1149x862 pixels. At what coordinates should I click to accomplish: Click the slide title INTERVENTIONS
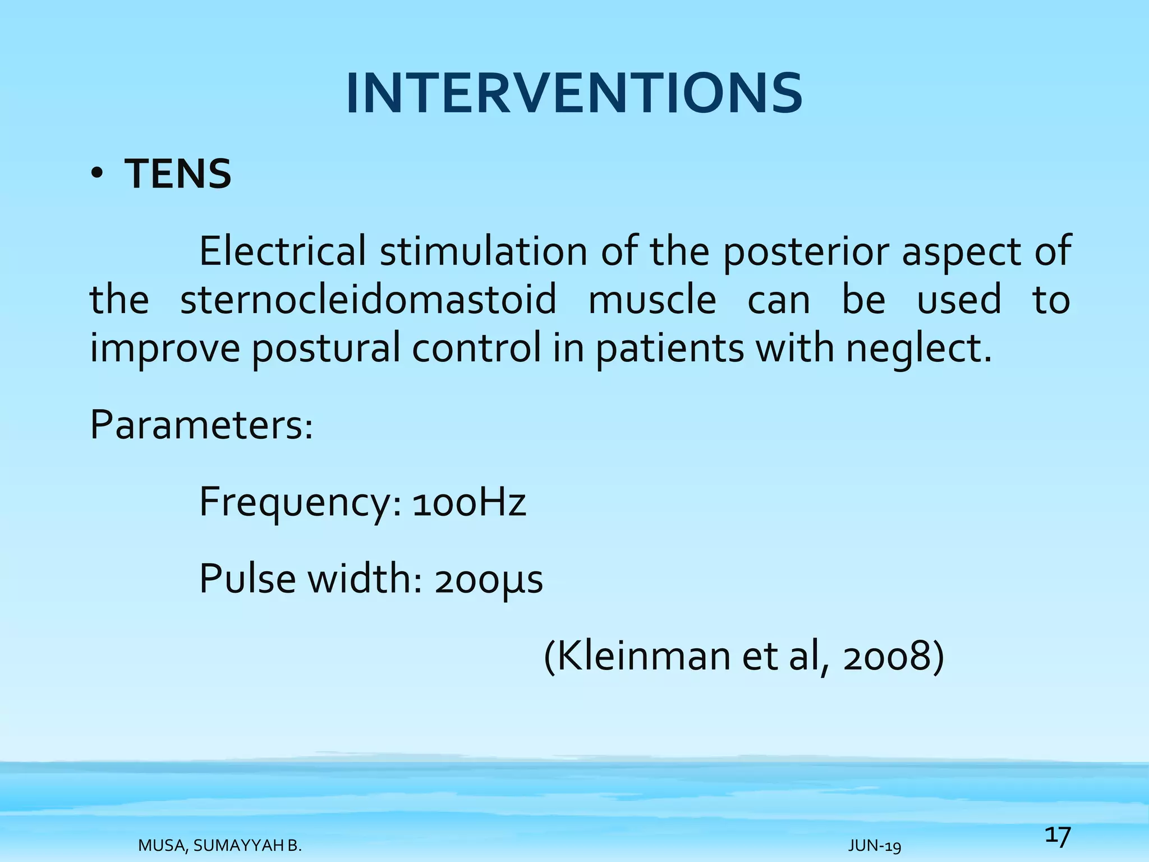click(574, 94)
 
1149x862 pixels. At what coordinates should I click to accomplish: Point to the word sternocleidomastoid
click(368, 299)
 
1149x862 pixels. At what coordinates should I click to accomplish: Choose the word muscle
click(652, 299)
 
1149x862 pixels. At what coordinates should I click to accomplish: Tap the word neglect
click(918, 348)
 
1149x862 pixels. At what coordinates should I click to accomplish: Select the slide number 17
click(1058, 836)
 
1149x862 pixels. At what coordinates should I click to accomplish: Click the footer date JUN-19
click(874, 846)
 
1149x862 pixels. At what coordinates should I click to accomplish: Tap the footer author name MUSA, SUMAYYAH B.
click(220, 846)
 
